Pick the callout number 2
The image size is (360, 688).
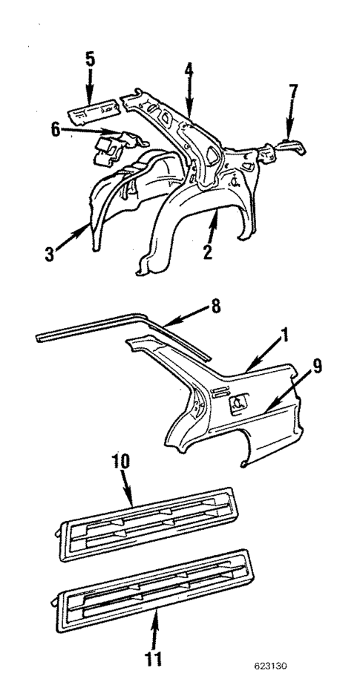(208, 252)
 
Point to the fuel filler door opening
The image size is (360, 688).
(240, 402)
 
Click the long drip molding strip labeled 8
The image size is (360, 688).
(111, 327)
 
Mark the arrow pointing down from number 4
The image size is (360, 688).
(189, 100)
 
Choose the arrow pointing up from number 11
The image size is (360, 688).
(155, 627)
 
